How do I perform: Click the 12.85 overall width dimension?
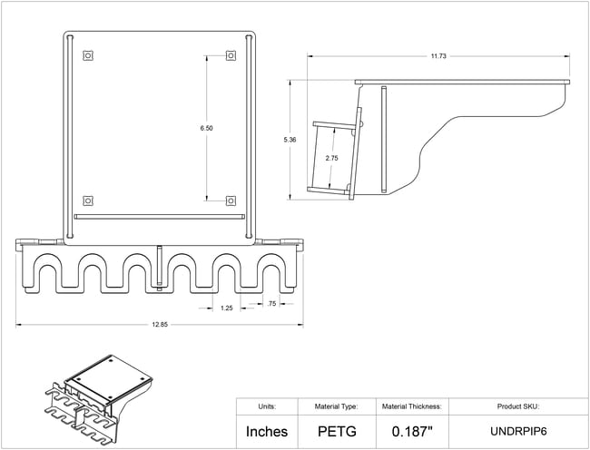pos(160,325)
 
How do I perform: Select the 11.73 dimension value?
pos(438,56)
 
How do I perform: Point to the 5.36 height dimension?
pos(290,140)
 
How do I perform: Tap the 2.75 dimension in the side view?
pos(331,158)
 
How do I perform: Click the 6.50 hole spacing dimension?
pos(206,128)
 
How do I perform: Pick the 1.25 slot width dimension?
pos(227,308)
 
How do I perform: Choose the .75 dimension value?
pos(271,304)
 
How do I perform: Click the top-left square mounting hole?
pos(88,55)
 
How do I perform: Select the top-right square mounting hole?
pos(231,55)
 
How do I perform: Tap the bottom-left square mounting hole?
pos(88,201)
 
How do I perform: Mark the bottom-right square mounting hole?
pos(231,201)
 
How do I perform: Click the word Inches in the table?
pos(267,432)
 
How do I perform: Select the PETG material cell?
pos(337,432)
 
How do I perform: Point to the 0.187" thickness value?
pos(412,432)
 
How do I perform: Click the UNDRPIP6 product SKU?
pos(518,432)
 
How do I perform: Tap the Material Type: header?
pos(337,406)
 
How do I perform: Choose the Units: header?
pos(267,406)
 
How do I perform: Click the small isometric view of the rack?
pos(99,399)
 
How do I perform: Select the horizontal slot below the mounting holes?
pos(160,217)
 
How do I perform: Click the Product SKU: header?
pos(518,406)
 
